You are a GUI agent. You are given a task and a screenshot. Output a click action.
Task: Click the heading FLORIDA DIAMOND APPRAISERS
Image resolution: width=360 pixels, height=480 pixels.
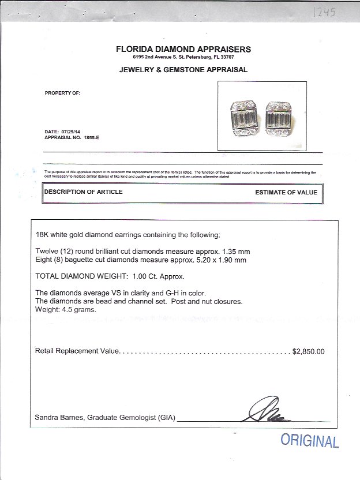tap(183, 49)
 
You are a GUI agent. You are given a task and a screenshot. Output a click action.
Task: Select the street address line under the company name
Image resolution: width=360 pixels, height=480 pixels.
tap(183, 58)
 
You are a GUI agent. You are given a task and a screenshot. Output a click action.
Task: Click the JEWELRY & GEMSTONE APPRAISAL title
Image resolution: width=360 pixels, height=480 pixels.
tap(183, 70)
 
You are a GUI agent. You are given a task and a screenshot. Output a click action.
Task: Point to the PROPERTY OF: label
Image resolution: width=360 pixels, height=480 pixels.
tap(62, 93)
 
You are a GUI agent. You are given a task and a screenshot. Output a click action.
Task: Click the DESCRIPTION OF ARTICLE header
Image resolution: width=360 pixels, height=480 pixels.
tap(84, 192)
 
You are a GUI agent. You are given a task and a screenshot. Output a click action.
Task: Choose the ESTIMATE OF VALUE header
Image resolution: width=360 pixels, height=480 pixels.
tap(286, 193)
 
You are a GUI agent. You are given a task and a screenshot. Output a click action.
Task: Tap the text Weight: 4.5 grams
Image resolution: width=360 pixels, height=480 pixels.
tap(66, 310)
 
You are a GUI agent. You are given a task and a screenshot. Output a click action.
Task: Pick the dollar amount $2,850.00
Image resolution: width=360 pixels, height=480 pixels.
tap(309, 351)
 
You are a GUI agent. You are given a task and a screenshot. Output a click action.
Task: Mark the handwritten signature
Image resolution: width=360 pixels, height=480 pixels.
tap(269, 410)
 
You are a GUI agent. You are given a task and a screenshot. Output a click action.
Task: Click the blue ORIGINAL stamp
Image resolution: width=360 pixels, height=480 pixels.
tap(309, 441)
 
